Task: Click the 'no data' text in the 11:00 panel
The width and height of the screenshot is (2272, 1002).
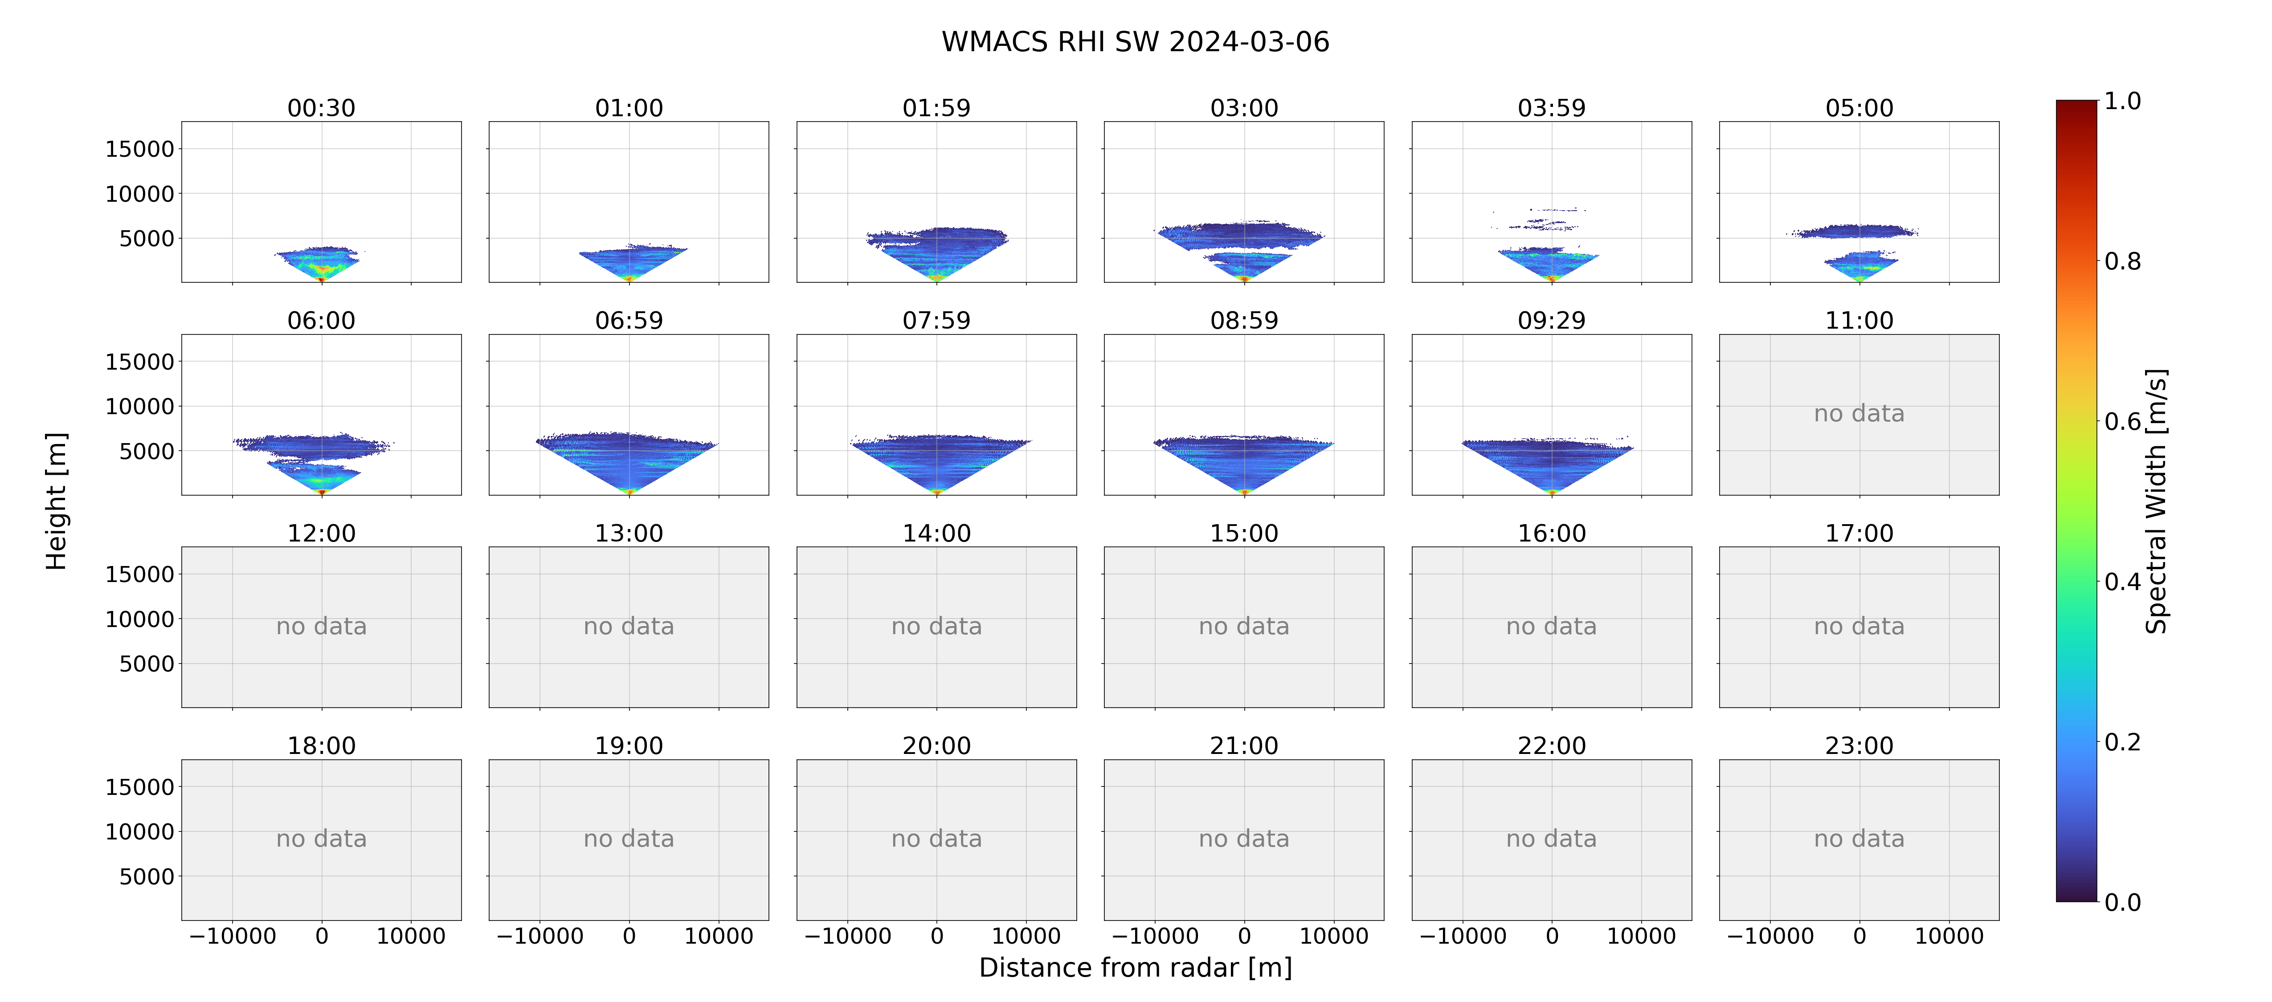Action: [x=1859, y=414]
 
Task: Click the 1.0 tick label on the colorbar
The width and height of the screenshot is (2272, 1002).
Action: [x=2122, y=102]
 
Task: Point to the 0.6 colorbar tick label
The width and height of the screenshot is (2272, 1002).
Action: [x=2122, y=422]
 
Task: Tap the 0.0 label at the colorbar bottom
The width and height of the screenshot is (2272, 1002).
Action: [x=2122, y=902]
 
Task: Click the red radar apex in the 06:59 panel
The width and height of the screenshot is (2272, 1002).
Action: [x=629, y=491]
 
